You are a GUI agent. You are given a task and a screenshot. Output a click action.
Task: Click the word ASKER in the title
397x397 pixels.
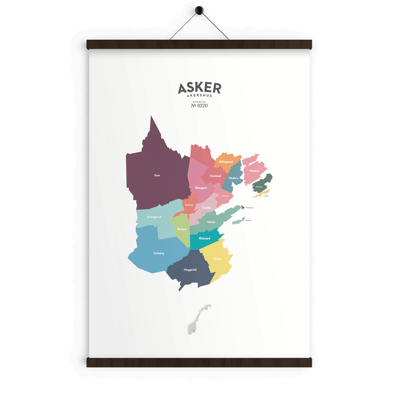click(199, 88)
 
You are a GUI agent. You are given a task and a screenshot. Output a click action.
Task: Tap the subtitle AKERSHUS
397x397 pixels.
click(199, 96)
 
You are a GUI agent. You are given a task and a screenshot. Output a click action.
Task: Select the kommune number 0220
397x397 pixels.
click(199, 106)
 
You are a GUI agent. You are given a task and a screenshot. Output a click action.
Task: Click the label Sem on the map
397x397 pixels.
click(157, 175)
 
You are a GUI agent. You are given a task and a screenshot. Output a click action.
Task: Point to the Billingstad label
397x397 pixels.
click(226, 162)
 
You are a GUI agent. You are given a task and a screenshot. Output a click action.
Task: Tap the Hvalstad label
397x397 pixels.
click(215, 176)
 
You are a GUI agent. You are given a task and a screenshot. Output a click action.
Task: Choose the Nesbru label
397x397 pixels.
click(234, 178)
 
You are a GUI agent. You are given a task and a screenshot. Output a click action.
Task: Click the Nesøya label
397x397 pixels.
click(254, 171)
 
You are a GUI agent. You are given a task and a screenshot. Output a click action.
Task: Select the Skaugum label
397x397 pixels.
click(201, 188)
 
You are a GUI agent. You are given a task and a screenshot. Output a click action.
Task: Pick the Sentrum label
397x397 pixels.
click(189, 205)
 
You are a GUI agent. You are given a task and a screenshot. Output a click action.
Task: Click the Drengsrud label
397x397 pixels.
click(154, 217)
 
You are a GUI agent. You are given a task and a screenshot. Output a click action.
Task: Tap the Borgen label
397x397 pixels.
click(182, 229)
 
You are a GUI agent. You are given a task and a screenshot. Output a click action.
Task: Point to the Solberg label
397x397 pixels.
click(159, 253)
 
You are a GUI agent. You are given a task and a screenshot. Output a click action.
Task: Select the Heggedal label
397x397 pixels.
click(190, 270)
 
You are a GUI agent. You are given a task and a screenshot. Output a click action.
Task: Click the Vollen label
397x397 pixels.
click(218, 259)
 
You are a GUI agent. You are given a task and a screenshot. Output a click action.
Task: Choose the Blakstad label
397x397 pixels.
click(205, 239)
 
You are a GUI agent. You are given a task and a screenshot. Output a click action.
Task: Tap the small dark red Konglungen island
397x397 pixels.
click(243, 207)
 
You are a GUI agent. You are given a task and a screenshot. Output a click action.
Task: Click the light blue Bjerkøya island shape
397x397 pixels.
click(239, 220)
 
